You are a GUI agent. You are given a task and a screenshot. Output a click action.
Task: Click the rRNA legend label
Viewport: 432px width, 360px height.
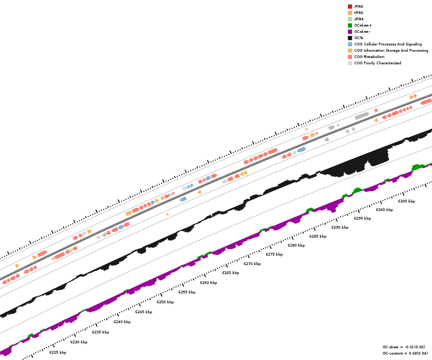coord(359,6)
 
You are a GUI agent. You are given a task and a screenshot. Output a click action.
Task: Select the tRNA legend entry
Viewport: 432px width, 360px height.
coord(359,13)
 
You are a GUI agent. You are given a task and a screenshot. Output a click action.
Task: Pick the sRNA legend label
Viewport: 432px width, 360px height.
coord(359,19)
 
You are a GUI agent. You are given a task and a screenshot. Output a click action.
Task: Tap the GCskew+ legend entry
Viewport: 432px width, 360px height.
coord(363,25)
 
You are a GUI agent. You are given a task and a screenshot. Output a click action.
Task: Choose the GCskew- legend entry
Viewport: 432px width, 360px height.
coord(362,31)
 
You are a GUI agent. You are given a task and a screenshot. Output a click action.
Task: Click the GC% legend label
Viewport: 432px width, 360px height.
coord(359,38)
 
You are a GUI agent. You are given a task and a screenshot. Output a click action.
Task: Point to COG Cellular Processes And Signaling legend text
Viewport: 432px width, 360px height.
coord(388,44)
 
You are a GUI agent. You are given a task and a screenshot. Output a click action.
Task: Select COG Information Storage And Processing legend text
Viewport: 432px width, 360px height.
coord(391,50)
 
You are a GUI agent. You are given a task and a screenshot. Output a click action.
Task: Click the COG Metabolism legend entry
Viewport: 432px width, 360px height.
coord(369,57)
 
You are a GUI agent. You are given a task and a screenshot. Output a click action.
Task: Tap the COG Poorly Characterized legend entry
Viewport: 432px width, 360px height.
coord(378,63)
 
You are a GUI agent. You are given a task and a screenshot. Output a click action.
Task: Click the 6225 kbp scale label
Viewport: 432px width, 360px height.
coord(58,352)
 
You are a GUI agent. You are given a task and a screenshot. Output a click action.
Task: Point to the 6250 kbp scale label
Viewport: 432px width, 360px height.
coord(165,302)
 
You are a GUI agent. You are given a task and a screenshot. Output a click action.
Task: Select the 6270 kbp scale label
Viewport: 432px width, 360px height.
coord(252,264)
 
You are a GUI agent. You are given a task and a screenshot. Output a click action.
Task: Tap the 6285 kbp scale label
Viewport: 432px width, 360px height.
coord(318,236)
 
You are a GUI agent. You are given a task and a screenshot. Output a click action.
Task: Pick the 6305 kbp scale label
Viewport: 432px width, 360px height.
coord(406,201)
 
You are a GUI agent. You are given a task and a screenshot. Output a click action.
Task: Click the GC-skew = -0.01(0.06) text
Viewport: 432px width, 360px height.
coord(404,347)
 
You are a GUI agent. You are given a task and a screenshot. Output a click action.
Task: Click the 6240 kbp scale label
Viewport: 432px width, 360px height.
coord(122,322)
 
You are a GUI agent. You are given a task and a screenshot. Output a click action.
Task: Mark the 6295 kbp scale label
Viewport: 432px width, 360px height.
coord(362,218)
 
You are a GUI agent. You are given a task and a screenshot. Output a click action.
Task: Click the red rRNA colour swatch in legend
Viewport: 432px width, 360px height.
coord(350,6)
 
